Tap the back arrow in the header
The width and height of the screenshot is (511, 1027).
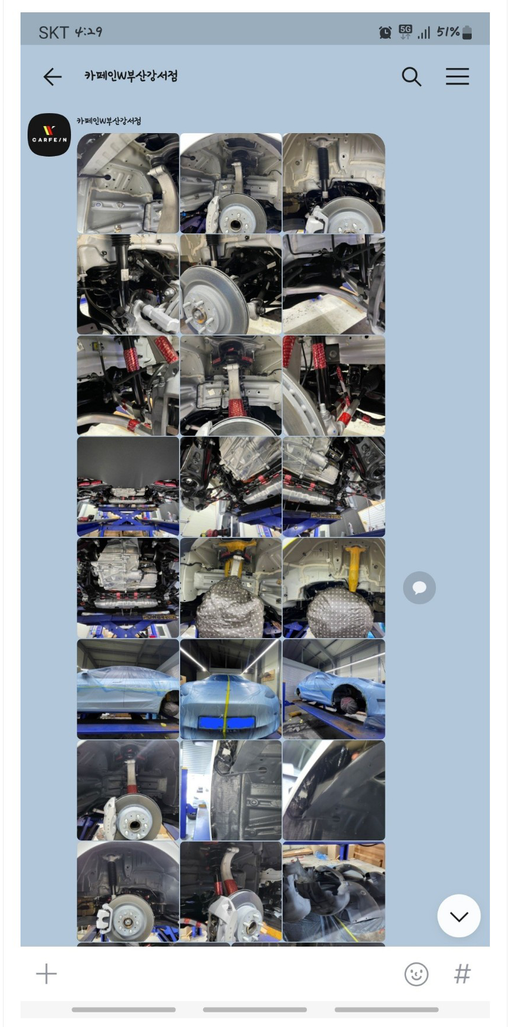tap(52, 77)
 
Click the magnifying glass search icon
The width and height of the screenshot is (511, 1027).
tap(411, 77)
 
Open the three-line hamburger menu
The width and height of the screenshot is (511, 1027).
tap(457, 76)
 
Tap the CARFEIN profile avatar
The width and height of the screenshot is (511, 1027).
tap(49, 135)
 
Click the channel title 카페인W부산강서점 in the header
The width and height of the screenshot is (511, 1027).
tap(131, 76)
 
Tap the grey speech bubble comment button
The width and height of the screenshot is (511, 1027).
tap(419, 588)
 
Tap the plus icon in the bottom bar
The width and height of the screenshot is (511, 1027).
tap(46, 974)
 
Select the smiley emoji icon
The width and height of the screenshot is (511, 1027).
tap(416, 974)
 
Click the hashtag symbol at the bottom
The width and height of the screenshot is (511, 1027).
tap(462, 974)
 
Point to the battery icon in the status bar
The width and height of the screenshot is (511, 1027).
tap(467, 32)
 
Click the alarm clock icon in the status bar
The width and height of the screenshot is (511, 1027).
tap(385, 32)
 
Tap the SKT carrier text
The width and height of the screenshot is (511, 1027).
tap(53, 32)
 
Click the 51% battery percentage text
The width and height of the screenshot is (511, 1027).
tap(448, 32)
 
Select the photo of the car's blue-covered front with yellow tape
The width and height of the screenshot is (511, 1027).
tap(231, 689)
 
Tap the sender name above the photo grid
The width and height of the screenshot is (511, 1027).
tap(109, 121)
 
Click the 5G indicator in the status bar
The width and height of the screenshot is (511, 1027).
tap(405, 32)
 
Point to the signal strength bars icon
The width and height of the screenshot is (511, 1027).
tap(424, 33)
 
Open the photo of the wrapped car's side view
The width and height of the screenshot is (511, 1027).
tap(128, 689)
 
